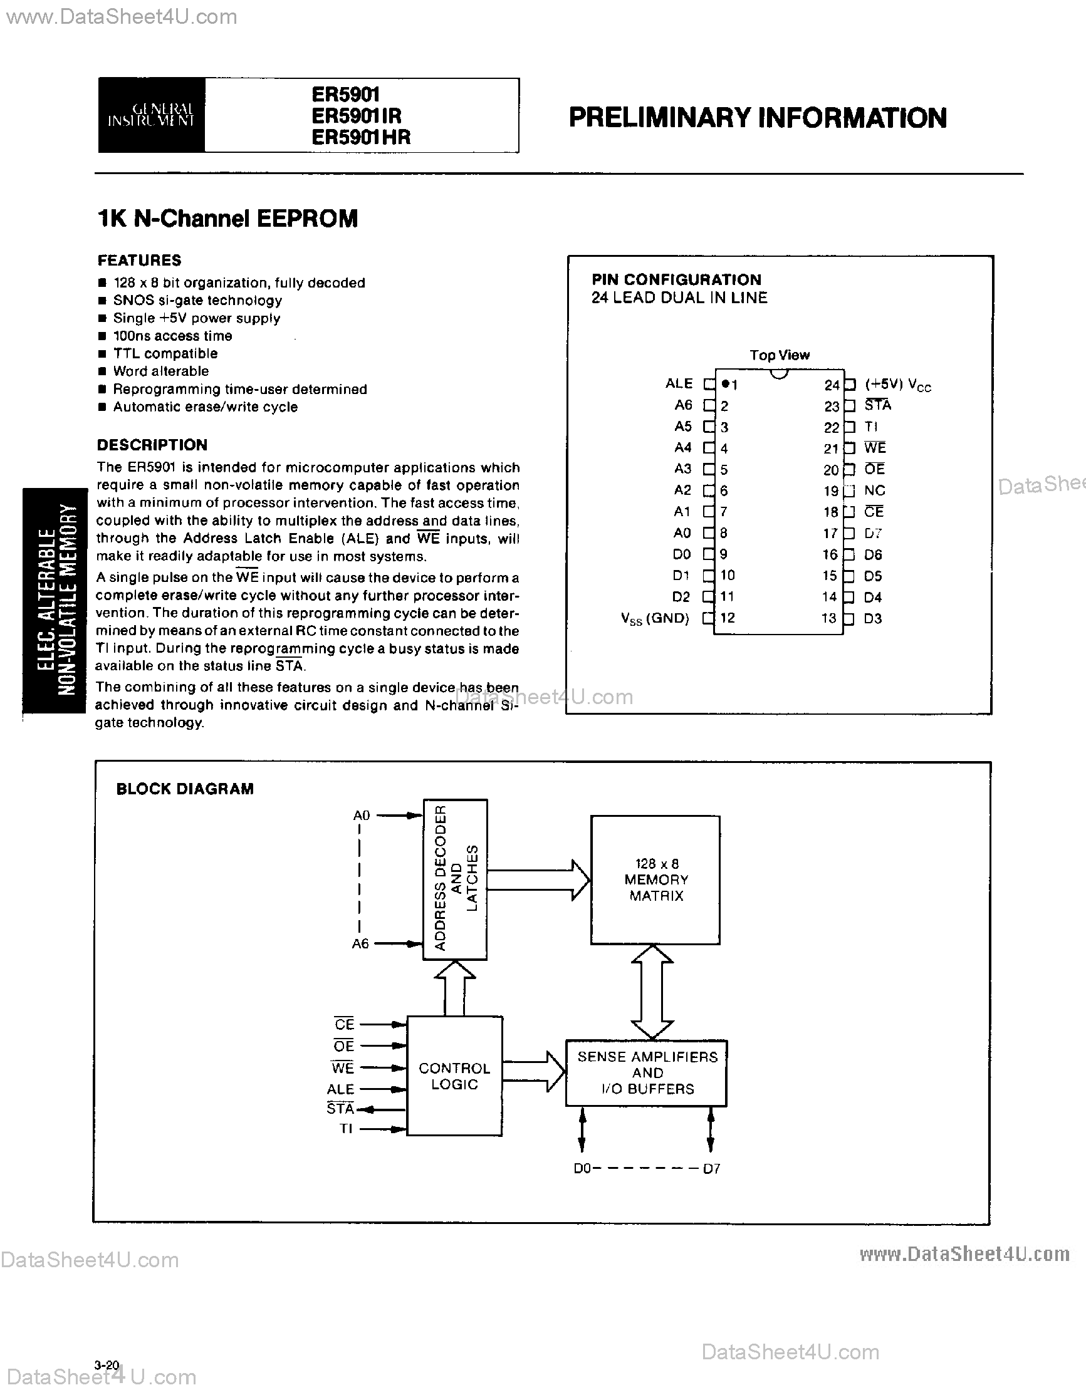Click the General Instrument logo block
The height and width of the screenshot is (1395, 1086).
pyautogui.click(x=152, y=115)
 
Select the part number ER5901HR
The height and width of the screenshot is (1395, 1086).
pyautogui.click(x=360, y=137)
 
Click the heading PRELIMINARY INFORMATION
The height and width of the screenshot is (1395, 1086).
pyautogui.click(x=758, y=118)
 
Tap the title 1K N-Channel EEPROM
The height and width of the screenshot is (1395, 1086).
pyautogui.click(x=227, y=219)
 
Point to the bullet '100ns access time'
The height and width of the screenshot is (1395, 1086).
pyautogui.click(x=172, y=336)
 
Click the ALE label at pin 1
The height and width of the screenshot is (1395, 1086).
pyautogui.click(x=679, y=383)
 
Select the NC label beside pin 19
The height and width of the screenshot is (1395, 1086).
pyautogui.click(x=875, y=490)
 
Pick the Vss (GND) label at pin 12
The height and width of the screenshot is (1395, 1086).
pyautogui.click(x=655, y=618)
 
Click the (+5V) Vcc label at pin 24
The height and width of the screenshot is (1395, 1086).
pyautogui.click(x=897, y=385)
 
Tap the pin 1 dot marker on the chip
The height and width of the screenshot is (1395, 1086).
pyautogui.click(x=725, y=384)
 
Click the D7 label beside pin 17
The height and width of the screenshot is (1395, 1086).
pyautogui.click(x=873, y=533)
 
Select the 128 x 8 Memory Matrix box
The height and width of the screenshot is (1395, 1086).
pyautogui.click(x=655, y=879)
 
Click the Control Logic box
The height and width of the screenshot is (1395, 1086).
pyautogui.click(x=454, y=1076)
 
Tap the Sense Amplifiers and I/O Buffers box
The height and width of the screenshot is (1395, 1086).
pyautogui.click(x=647, y=1073)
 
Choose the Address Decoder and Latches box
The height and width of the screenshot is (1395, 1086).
pyautogui.click(x=455, y=879)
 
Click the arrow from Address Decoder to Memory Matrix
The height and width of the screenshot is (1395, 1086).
pyautogui.click(x=538, y=879)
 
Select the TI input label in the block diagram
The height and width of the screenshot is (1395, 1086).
pyautogui.click(x=346, y=1129)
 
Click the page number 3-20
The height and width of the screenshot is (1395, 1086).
pyautogui.click(x=107, y=1365)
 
